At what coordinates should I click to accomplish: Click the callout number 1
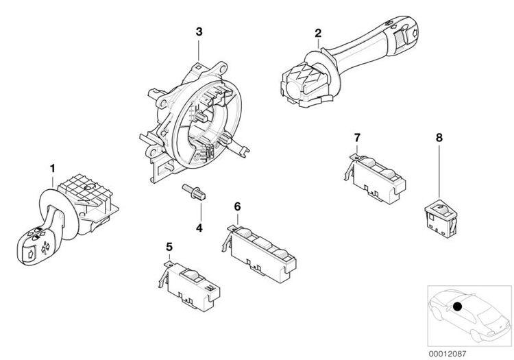(52, 169)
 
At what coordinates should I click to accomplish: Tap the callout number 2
(318, 33)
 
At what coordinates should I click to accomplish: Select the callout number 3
(199, 32)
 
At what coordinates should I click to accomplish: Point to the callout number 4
(199, 228)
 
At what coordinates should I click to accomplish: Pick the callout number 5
(169, 246)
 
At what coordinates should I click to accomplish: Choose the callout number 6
(237, 206)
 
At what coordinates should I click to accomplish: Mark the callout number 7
(357, 137)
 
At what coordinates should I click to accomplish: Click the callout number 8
(439, 138)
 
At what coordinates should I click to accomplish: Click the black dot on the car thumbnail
(457, 307)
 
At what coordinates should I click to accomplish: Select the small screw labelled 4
(194, 192)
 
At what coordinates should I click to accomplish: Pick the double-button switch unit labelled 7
(375, 179)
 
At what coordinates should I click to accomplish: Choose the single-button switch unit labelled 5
(190, 285)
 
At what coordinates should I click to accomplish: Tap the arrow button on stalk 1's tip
(29, 254)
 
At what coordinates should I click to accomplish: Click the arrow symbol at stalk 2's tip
(414, 32)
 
